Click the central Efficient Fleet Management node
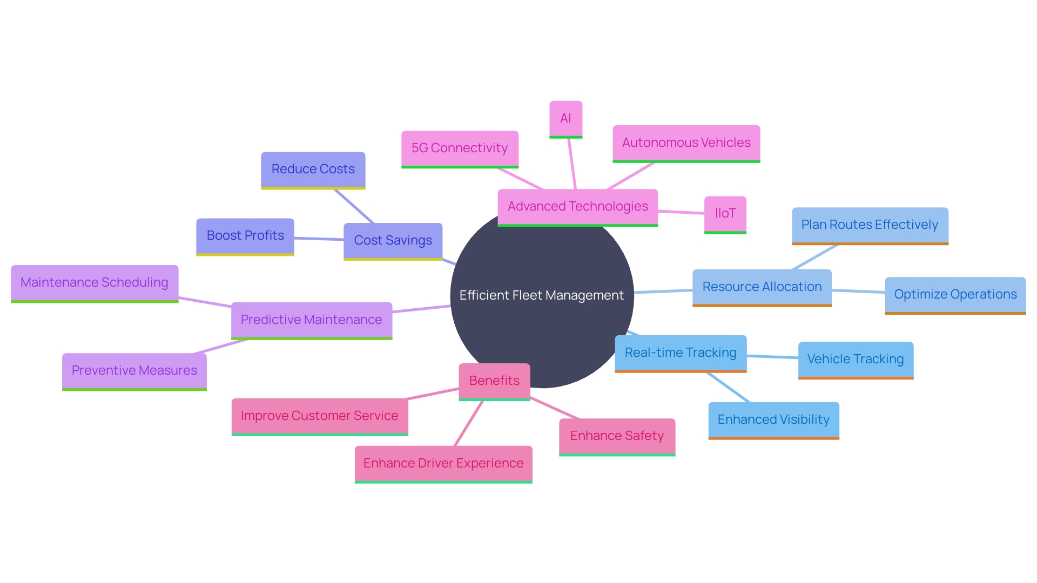[x=542, y=295]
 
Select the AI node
[x=565, y=119]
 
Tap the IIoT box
[x=725, y=214]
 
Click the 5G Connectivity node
[x=460, y=148]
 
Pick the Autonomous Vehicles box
[x=686, y=143]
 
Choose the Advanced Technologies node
[x=577, y=207]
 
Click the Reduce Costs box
[x=313, y=170]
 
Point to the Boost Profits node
[x=245, y=236]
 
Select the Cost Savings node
[x=393, y=241]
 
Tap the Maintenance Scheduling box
[x=95, y=283]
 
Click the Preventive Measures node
[x=134, y=371]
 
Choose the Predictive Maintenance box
[x=311, y=320]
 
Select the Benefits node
[x=494, y=381]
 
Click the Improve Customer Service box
[x=319, y=416]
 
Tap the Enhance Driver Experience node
[x=443, y=464]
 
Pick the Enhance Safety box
[x=617, y=436]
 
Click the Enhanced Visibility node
[x=773, y=420]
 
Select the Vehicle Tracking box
[x=856, y=360]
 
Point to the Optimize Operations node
[x=955, y=295]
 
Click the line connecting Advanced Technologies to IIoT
[x=681, y=212]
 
